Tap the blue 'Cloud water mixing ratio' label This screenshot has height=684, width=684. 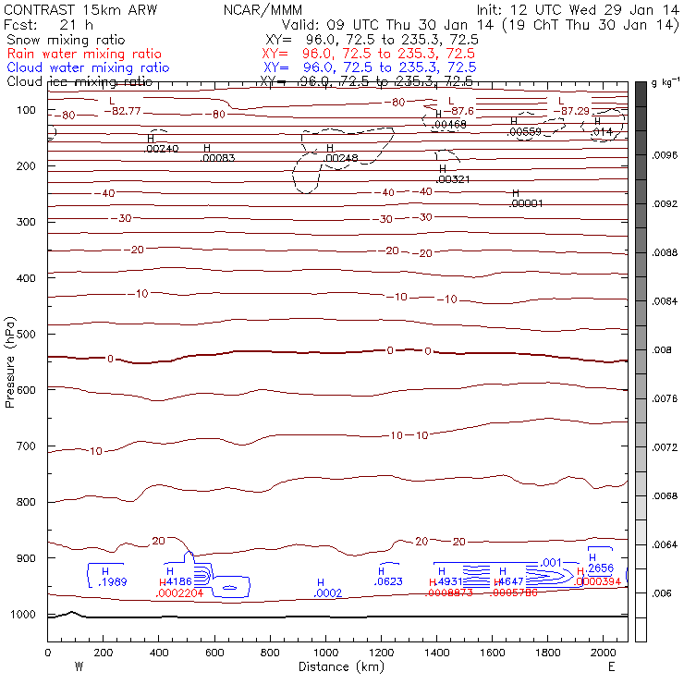pyautogui.click(x=88, y=68)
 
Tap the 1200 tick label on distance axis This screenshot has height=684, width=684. pyautogui.click(x=381, y=653)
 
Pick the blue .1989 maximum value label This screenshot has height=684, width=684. pyautogui.click(x=113, y=582)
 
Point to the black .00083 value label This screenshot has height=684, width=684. pyautogui.click(x=218, y=158)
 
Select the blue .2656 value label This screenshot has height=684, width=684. pyautogui.click(x=601, y=568)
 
